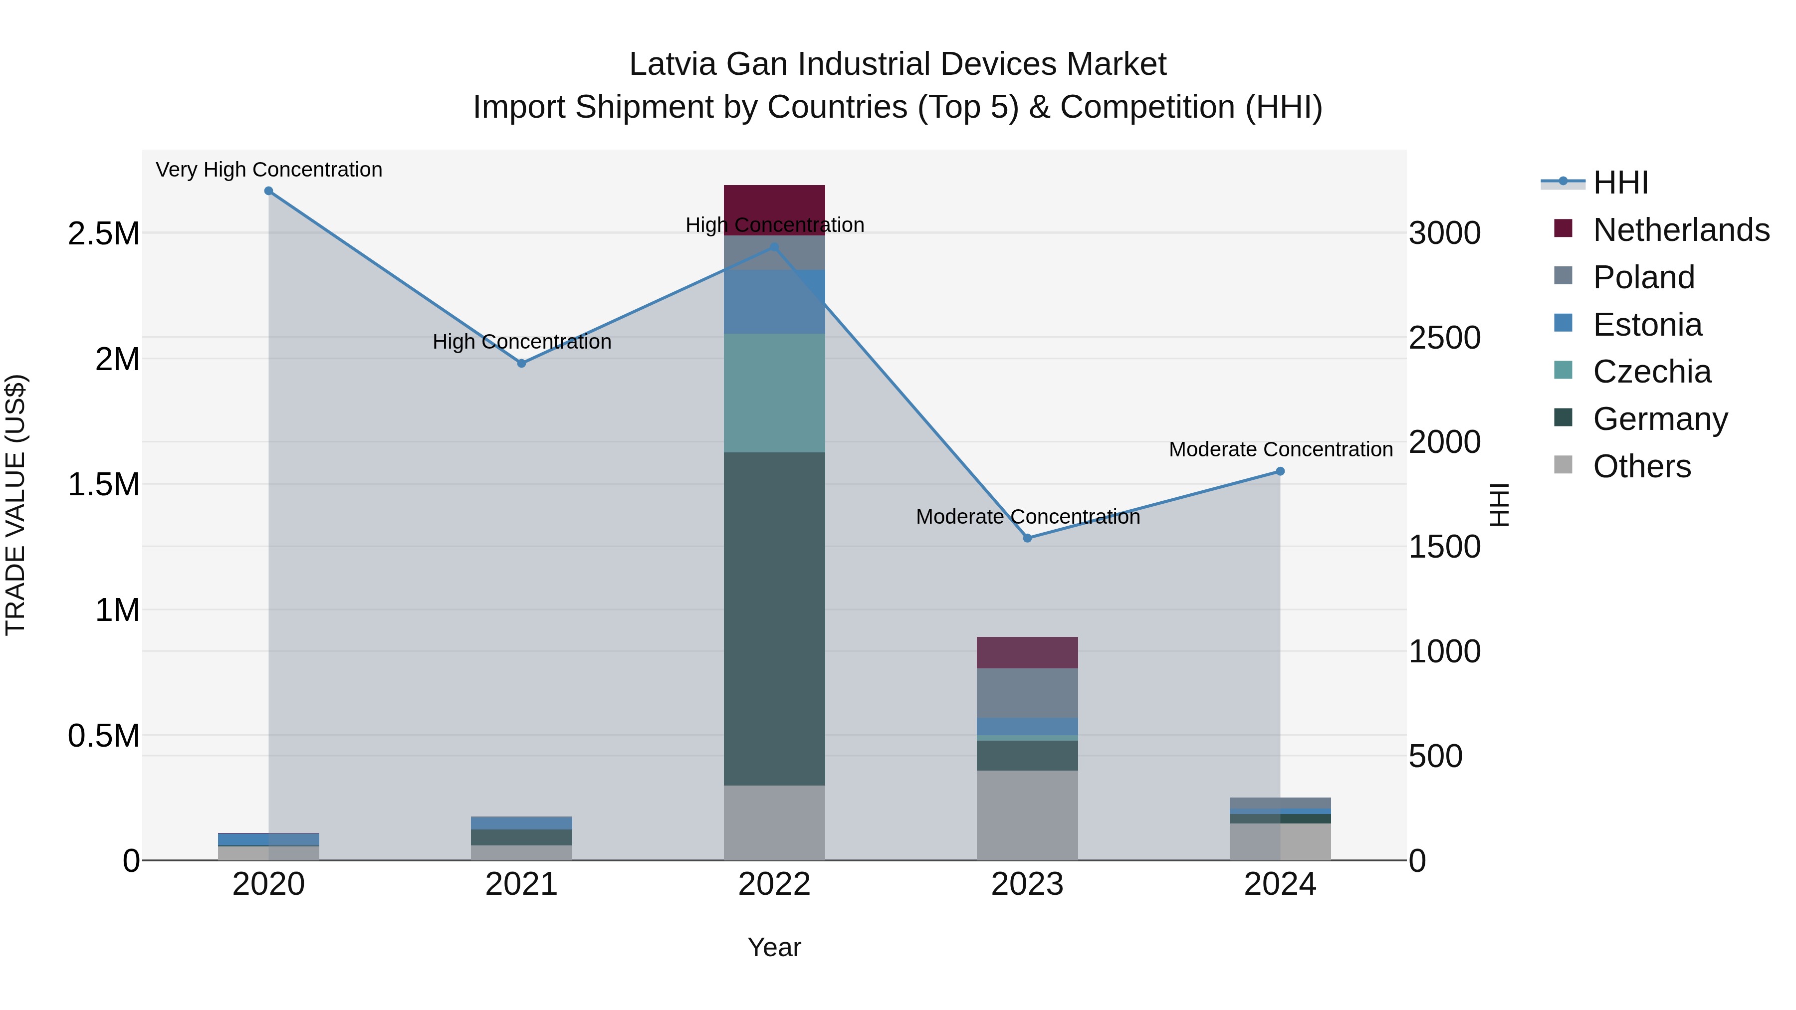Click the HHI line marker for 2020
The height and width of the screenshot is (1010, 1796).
tap(268, 191)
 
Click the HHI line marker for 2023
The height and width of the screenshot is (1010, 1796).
tap(1027, 538)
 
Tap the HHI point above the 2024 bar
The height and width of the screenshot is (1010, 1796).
tap(1280, 472)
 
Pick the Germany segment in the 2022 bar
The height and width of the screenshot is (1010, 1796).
tap(774, 619)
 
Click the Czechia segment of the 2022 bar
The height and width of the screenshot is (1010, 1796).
tap(774, 393)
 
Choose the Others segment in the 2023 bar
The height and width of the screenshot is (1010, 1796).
tap(1027, 815)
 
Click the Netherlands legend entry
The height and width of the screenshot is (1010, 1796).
tap(1680, 230)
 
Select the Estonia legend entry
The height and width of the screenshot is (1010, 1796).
tap(1647, 325)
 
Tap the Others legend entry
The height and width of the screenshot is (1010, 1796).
tap(1641, 466)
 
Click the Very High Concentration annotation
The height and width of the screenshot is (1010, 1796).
tap(268, 170)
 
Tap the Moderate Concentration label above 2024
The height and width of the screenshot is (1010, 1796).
tap(1280, 449)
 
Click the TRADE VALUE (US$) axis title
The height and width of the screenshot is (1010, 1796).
tap(15, 505)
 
